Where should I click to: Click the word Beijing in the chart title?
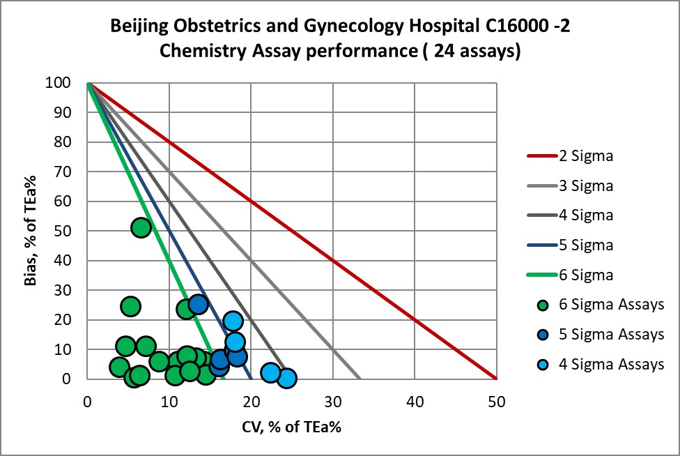point(138,27)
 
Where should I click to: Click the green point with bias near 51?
point(141,228)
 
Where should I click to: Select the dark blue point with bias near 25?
point(198,304)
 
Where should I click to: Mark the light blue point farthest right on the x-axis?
point(286,378)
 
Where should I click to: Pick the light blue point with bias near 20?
point(233,321)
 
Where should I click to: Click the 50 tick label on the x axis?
point(496,401)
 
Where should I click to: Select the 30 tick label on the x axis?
point(332,401)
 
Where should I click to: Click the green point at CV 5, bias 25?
point(130,306)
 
